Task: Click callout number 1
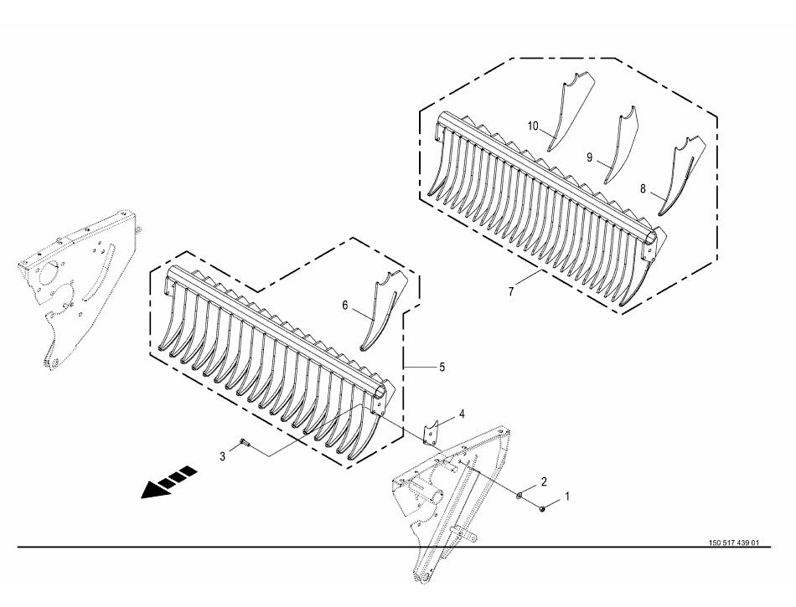point(567,496)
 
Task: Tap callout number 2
point(544,481)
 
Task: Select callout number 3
point(222,456)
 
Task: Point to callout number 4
point(462,414)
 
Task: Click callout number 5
point(442,367)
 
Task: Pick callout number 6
point(345,306)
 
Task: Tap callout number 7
point(511,291)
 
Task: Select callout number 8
point(643,189)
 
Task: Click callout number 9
point(589,157)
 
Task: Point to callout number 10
point(533,126)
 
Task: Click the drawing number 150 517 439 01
point(734,543)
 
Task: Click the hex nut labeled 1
point(542,507)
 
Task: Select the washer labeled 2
point(520,495)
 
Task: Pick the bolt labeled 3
point(245,443)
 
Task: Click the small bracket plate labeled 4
point(431,433)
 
